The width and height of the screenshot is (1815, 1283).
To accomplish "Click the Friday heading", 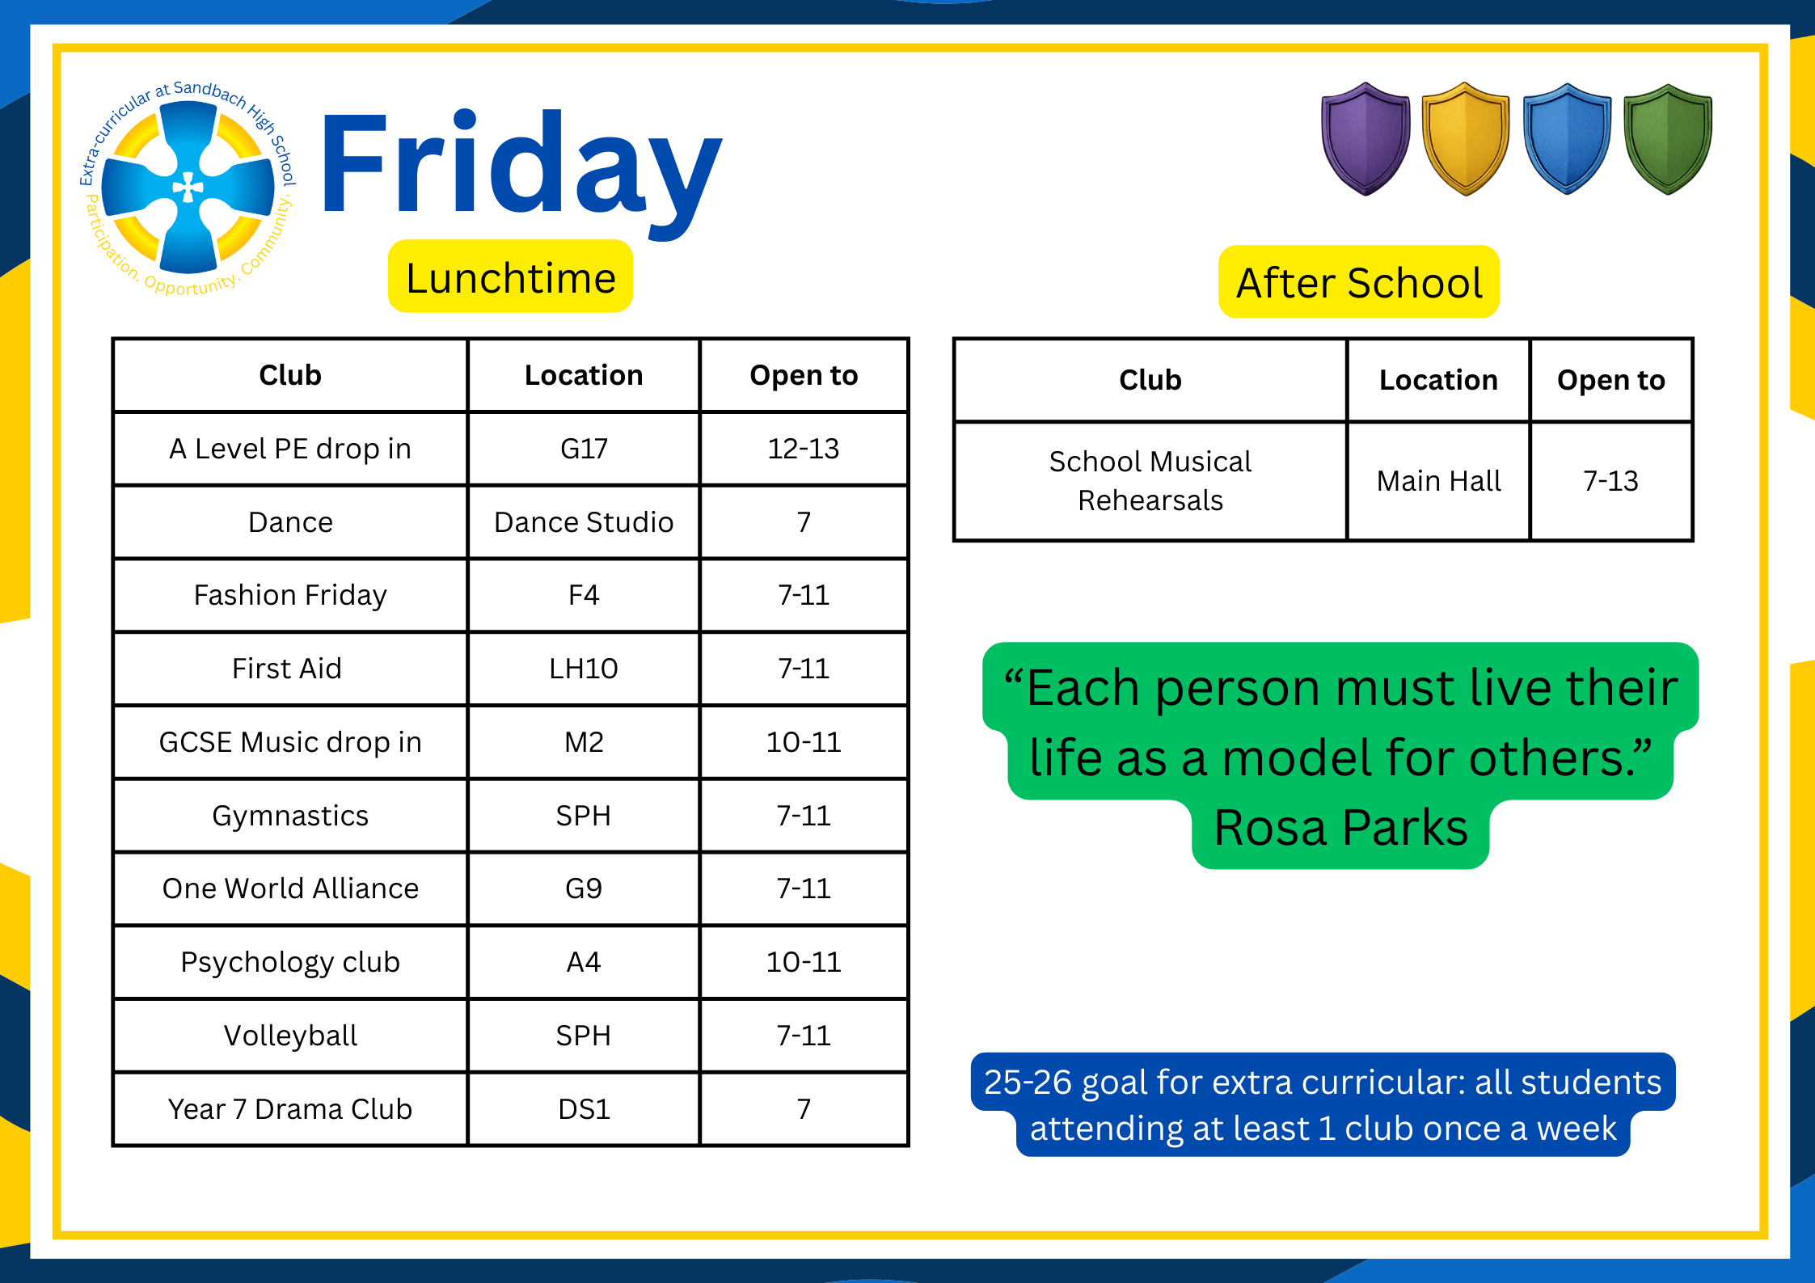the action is click(x=521, y=174).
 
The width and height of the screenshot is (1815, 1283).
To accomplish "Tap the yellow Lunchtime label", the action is click(x=510, y=276).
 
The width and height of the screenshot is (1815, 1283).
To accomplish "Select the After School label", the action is click(x=1359, y=282).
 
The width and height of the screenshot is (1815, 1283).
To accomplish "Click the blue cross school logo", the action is click(x=188, y=188).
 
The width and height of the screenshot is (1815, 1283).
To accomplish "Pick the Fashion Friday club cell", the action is click(x=290, y=595).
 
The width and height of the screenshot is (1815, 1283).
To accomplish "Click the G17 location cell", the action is click(x=584, y=449).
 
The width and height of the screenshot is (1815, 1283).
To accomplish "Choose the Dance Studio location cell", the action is click(x=584, y=522).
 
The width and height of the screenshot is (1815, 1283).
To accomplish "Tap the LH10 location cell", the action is click(x=584, y=669).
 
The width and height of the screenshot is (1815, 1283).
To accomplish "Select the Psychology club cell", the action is click(x=290, y=962).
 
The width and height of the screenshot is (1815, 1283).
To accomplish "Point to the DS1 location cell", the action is click(x=584, y=1109).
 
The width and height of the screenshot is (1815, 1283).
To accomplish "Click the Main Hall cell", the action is click(x=1438, y=481).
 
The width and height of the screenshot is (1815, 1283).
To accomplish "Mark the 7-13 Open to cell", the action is click(x=1611, y=481).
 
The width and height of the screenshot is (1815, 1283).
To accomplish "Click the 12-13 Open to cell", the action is click(x=804, y=449).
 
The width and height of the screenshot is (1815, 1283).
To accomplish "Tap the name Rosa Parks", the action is click(x=1340, y=828).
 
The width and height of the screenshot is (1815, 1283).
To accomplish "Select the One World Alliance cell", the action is click(x=290, y=888).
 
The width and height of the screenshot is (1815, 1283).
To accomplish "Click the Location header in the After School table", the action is click(x=1438, y=380).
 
